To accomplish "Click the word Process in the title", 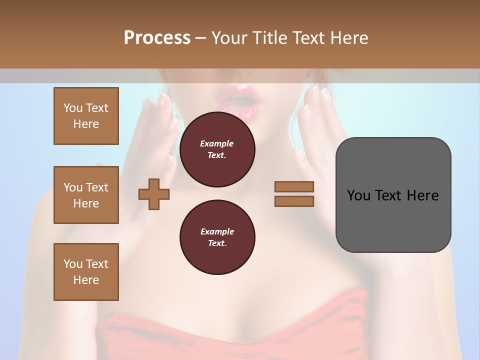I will click(157, 37).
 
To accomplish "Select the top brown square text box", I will click(86, 116).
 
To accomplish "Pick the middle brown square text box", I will click(86, 195).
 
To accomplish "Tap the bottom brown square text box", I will click(86, 271).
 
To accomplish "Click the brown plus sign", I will click(154, 194).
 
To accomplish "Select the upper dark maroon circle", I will click(217, 149).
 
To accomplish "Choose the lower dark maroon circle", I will click(217, 237).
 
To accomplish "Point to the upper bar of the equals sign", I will click(294, 187).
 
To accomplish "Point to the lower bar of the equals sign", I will click(294, 201).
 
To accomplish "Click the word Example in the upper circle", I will click(217, 143).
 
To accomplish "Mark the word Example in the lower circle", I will click(217, 231).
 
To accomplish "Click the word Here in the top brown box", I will click(86, 124).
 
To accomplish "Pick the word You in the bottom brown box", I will click(73, 263).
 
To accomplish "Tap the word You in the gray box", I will click(358, 195).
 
